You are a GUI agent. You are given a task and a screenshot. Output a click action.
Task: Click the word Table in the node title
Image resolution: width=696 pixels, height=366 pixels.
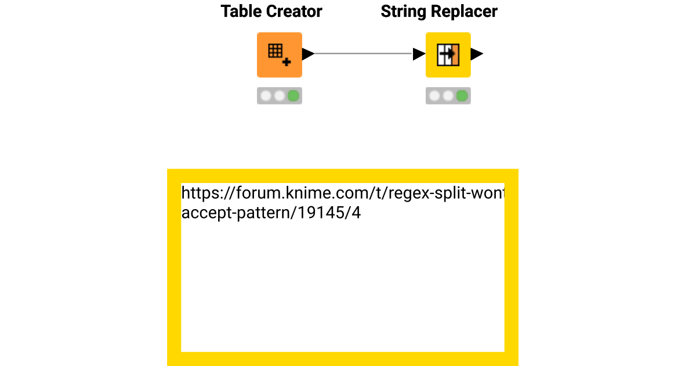[238, 12]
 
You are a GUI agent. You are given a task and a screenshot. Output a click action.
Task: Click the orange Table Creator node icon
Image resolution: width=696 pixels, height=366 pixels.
[279, 55]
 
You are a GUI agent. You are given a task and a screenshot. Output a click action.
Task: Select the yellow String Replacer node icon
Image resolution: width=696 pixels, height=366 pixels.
[448, 55]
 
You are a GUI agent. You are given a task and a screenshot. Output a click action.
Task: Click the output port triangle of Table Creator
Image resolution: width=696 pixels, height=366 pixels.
[308, 54]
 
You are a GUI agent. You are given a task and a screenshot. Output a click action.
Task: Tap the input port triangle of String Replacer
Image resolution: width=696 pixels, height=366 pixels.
[419, 54]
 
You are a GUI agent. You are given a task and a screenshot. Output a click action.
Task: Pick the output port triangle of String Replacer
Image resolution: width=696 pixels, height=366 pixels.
[476, 54]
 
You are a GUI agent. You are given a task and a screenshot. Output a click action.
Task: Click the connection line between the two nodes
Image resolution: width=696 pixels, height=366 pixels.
[362, 54]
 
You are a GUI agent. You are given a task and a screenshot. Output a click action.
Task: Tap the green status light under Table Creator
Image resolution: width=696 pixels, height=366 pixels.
[293, 96]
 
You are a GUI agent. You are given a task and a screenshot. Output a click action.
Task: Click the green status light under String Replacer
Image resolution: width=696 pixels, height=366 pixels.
[462, 96]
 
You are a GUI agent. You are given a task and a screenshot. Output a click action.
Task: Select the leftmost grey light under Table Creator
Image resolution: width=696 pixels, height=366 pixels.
[266, 96]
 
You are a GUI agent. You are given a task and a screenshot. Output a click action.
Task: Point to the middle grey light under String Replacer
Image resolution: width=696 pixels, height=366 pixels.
[448, 96]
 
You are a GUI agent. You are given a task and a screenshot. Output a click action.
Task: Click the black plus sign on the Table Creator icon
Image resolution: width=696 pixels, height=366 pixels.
[287, 61]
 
